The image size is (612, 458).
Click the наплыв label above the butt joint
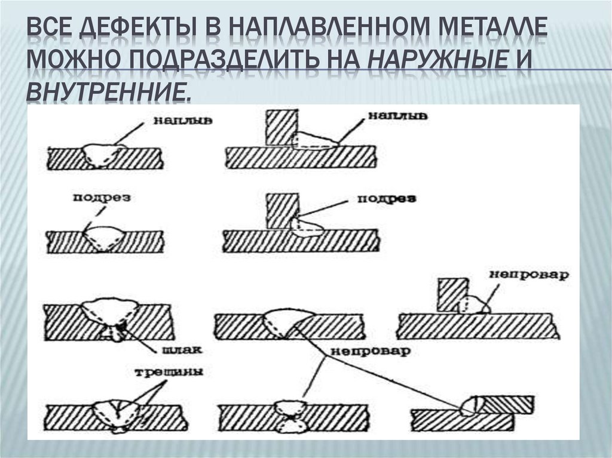(x=183, y=120)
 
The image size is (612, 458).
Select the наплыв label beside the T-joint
(x=398, y=115)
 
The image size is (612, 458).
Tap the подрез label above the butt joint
(x=102, y=198)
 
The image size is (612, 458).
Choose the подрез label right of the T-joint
(x=387, y=199)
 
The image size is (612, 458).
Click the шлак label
(x=182, y=349)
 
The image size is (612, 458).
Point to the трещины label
(x=169, y=372)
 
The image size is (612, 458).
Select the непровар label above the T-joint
(x=529, y=275)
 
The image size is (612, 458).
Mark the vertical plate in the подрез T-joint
(x=282, y=211)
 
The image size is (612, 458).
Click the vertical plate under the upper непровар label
(x=453, y=295)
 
